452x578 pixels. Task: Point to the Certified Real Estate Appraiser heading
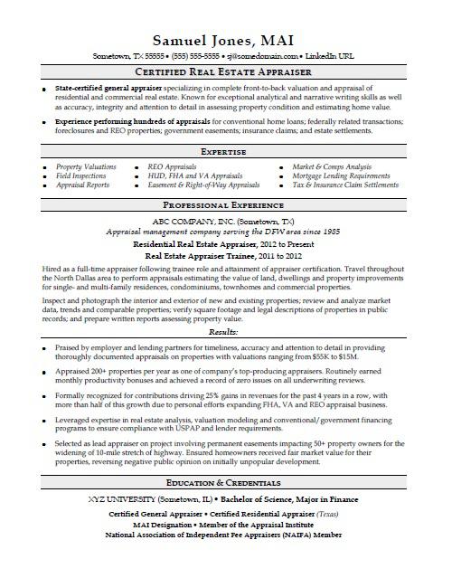[x=225, y=71]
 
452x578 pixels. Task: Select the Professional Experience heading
[x=225, y=206]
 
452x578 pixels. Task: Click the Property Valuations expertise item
[x=86, y=167]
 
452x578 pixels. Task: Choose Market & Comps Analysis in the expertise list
[x=331, y=167]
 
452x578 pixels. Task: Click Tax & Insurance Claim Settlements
[x=344, y=185]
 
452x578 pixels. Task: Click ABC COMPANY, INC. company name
[x=190, y=221]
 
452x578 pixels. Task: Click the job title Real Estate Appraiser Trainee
[x=190, y=256]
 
